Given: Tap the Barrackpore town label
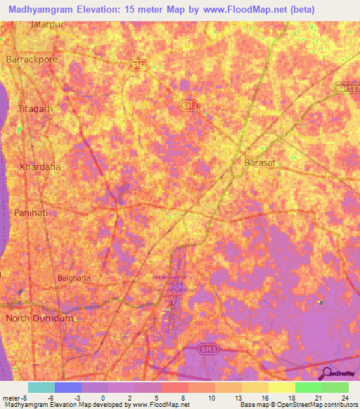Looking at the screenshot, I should pyautogui.click(x=32, y=60).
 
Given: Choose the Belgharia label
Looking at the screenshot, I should pyautogui.click(x=74, y=278).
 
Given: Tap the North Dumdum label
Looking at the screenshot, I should pyautogui.click(x=39, y=318).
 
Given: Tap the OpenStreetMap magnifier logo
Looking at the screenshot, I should pyautogui.click(x=326, y=375).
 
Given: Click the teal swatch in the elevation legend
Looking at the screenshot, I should pyautogui.click(x=41, y=387).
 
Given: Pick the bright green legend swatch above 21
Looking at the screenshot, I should pyautogui.click(x=308, y=387).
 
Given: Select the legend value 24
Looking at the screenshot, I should pyautogui.click(x=345, y=398).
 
